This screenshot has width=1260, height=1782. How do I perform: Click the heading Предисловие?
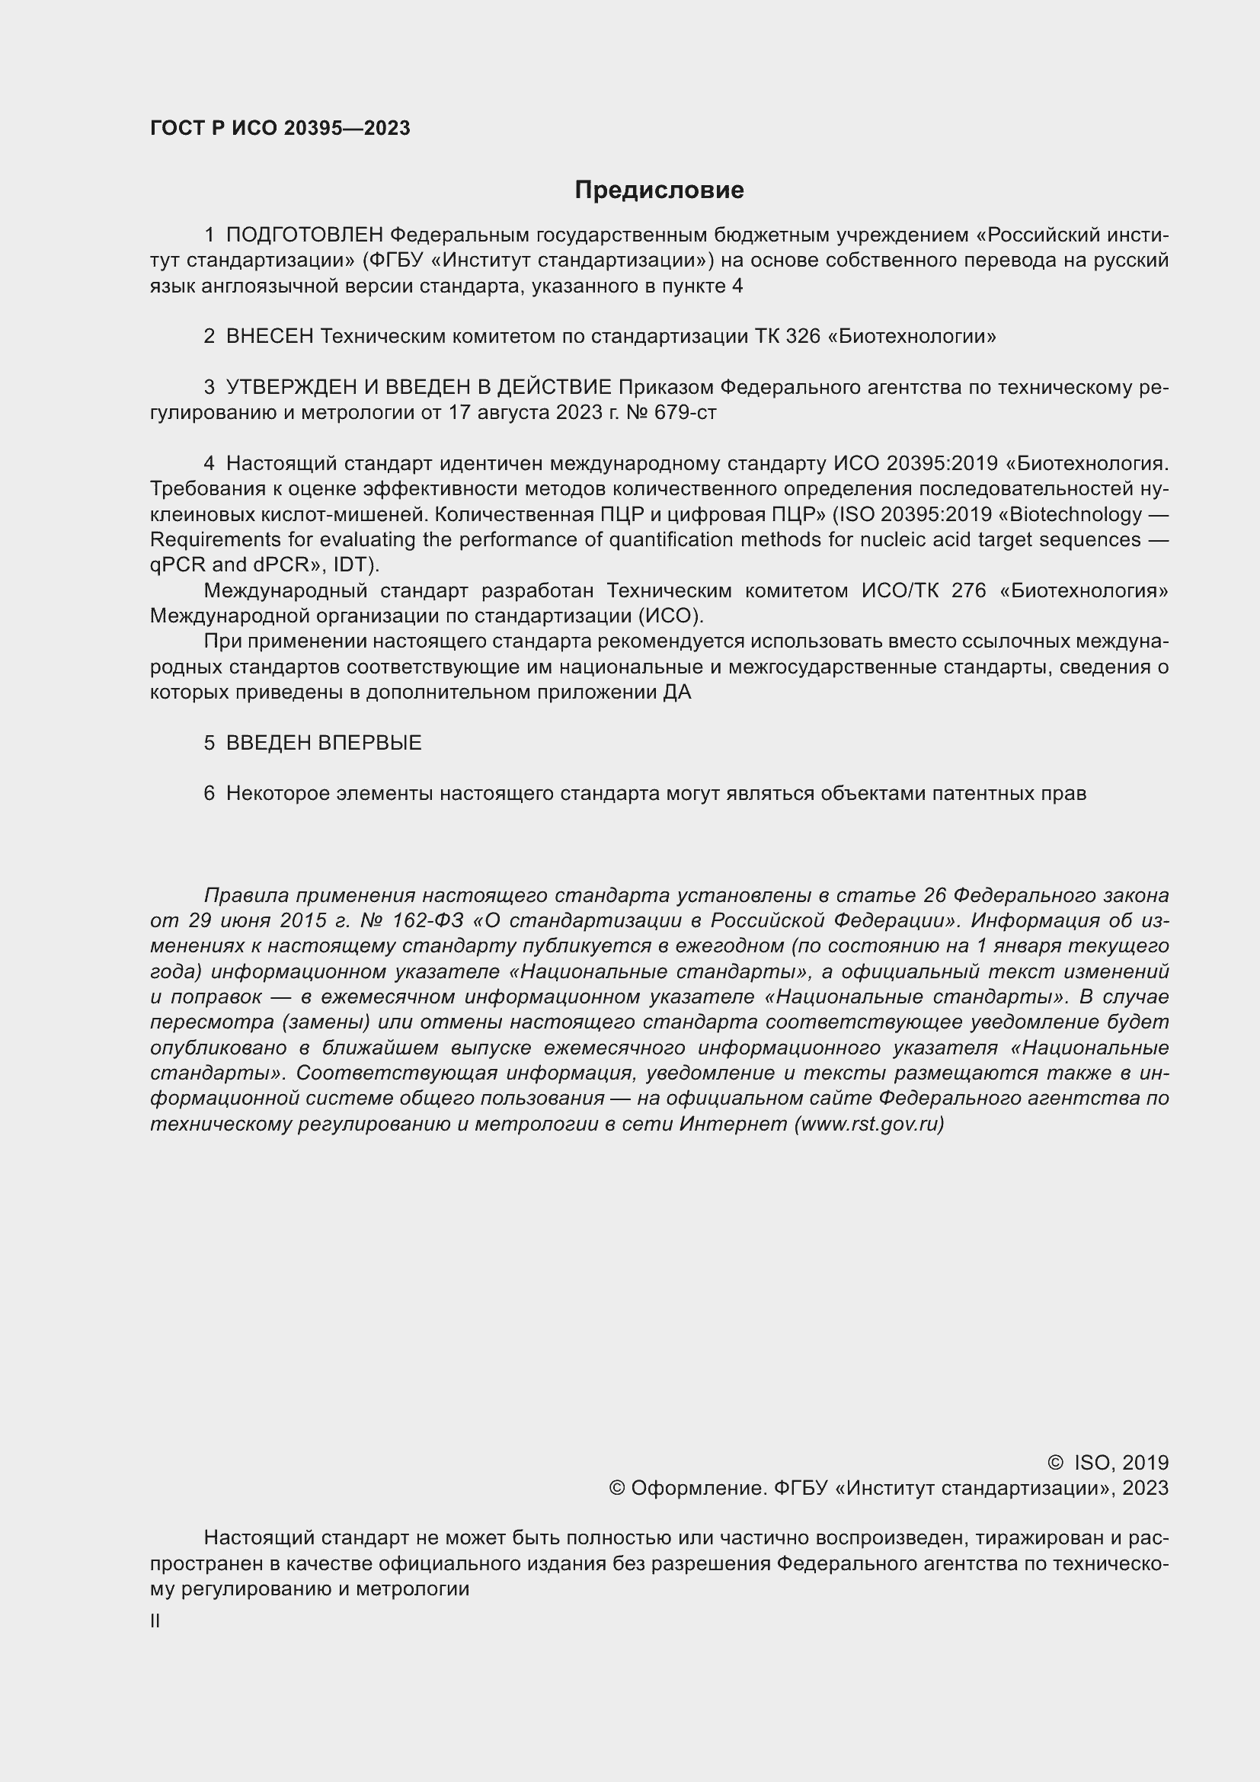[x=659, y=190]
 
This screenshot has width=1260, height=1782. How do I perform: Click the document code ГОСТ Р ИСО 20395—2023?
[x=280, y=129]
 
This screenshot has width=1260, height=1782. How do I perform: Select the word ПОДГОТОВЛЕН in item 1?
[x=304, y=235]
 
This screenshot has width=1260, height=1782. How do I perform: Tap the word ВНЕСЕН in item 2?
[x=269, y=336]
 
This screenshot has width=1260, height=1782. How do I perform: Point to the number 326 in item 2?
[x=802, y=336]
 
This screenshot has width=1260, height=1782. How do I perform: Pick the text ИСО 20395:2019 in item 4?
[x=915, y=463]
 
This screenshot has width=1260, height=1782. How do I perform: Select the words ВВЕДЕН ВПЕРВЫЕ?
[x=324, y=743]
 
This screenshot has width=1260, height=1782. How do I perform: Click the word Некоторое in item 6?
[x=277, y=793]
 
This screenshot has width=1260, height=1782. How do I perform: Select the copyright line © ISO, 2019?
[x=1107, y=1462]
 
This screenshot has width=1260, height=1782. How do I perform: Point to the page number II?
[x=155, y=1620]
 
